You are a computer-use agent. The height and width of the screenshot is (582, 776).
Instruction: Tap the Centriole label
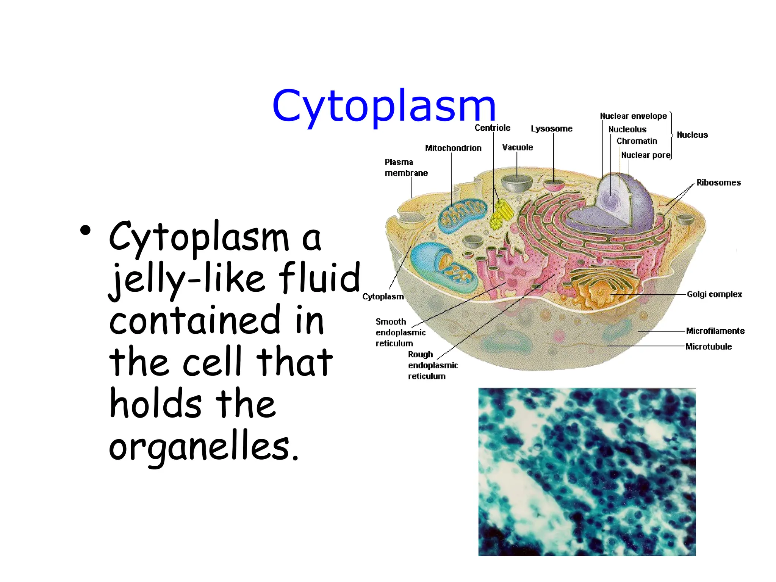tap(492, 128)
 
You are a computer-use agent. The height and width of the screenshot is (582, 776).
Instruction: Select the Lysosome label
tap(551, 129)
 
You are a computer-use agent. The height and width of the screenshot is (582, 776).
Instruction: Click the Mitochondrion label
tap(453, 148)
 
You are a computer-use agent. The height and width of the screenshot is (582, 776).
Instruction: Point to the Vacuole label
tap(517, 147)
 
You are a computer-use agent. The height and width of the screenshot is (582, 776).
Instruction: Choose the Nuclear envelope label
tap(633, 116)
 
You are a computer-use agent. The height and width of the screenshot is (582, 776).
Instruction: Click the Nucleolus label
tap(627, 130)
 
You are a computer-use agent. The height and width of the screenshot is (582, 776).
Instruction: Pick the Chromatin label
tap(637, 141)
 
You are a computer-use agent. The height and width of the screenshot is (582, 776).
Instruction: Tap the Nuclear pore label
tap(646, 155)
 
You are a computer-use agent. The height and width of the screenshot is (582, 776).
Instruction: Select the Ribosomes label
tap(718, 183)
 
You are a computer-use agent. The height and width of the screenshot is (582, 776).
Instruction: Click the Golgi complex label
tap(714, 294)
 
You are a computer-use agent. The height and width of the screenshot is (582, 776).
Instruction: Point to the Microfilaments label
tap(715, 331)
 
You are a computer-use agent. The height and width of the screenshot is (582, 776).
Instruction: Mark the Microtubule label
tap(708, 347)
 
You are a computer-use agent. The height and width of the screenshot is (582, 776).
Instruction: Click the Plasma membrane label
tap(406, 168)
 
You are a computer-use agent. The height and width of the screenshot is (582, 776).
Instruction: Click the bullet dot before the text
tap(85, 230)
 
